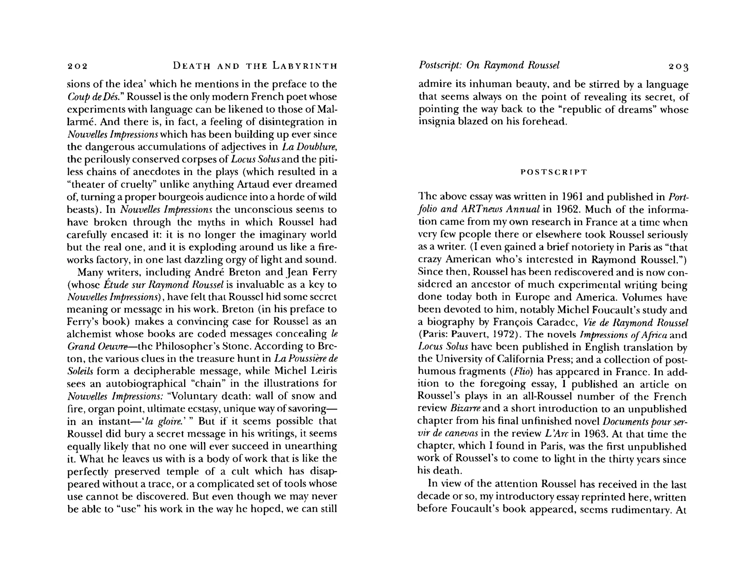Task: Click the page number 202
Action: pyautogui.click(x=78, y=66)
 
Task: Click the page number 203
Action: pyautogui.click(x=679, y=67)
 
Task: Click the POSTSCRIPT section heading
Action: pyautogui.click(x=553, y=172)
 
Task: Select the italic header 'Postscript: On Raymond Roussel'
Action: pyautogui.click(x=489, y=65)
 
